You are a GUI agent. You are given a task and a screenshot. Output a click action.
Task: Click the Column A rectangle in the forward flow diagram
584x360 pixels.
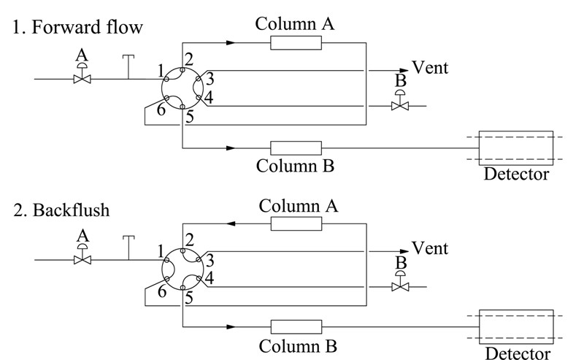coord(296,43)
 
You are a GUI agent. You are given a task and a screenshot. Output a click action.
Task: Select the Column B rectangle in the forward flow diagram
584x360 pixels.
coord(296,148)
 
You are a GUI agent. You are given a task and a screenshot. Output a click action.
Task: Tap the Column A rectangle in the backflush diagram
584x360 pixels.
coord(296,224)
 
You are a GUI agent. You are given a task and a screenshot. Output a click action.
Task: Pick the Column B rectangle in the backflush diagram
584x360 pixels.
coord(296,327)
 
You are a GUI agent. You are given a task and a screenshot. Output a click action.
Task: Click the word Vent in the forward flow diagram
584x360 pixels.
coord(430,68)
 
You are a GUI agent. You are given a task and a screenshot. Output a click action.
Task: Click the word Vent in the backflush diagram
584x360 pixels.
coord(430,248)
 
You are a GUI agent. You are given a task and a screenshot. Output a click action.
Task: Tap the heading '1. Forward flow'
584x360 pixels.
coord(78,27)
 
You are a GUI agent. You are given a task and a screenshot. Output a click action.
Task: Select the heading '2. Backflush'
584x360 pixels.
coord(61,210)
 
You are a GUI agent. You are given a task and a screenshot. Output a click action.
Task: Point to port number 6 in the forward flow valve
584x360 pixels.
coord(161,110)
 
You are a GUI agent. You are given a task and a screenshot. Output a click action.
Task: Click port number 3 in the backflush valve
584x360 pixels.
coord(210,261)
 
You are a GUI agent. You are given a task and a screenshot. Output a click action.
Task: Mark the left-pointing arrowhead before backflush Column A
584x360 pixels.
coord(231,224)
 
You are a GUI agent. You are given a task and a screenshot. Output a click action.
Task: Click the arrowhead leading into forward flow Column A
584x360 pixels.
coord(231,43)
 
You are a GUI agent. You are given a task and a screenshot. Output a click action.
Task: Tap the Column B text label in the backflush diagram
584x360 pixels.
coord(298,346)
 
